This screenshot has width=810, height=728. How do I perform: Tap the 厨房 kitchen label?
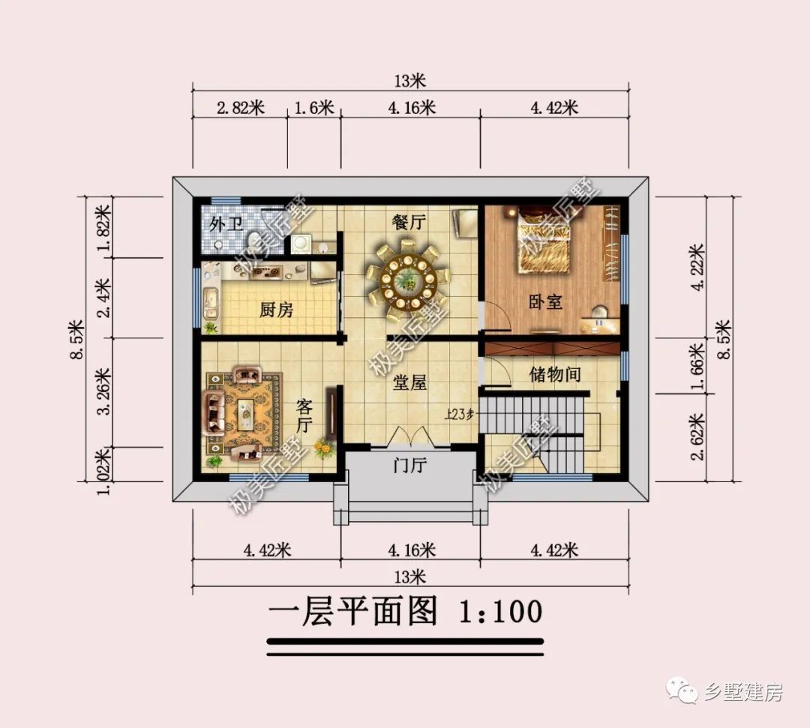pyautogui.click(x=276, y=310)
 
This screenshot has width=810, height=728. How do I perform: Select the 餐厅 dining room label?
pyautogui.click(x=409, y=222)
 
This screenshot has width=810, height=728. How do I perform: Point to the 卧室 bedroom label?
pyautogui.click(x=545, y=301)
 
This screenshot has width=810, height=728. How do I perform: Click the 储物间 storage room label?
pyautogui.click(x=555, y=374)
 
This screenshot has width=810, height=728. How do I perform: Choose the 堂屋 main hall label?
pyautogui.click(x=409, y=382)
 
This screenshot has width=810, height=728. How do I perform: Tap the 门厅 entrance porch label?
pyautogui.click(x=409, y=466)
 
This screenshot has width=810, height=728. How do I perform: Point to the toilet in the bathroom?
pyautogui.click(x=253, y=241)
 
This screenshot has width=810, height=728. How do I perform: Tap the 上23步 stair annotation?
pyautogui.click(x=459, y=414)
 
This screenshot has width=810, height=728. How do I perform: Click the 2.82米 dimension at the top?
pyautogui.click(x=241, y=108)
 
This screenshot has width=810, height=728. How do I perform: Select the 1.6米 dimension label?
pyautogui.click(x=314, y=108)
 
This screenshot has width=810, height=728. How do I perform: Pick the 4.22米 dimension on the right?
pyautogui.click(x=697, y=268)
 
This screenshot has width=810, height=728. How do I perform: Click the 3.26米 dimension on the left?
pyautogui.click(x=103, y=391)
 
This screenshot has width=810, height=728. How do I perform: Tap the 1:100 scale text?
pyautogui.click(x=500, y=611)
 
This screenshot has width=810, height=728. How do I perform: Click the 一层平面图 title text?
pyautogui.click(x=352, y=611)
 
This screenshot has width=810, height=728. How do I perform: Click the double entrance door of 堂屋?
pyautogui.click(x=409, y=436)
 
